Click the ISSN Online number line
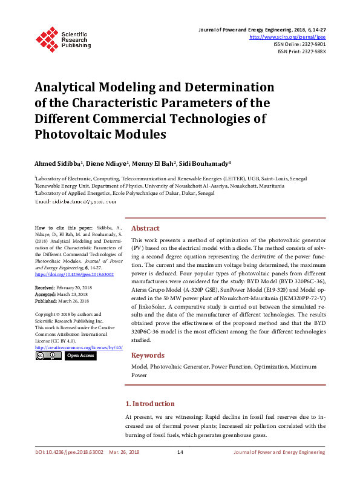(x=299, y=44)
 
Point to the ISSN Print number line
(x=301, y=51)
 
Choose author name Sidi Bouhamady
(x=205, y=164)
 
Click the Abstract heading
(x=145, y=228)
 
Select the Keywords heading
(x=148, y=355)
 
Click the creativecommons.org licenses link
(x=79, y=347)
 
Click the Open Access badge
(x=80, y=356)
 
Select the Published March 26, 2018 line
(x=62, y=300)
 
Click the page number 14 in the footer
(x=180, y=452)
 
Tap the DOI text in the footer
(x=69, y=452)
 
